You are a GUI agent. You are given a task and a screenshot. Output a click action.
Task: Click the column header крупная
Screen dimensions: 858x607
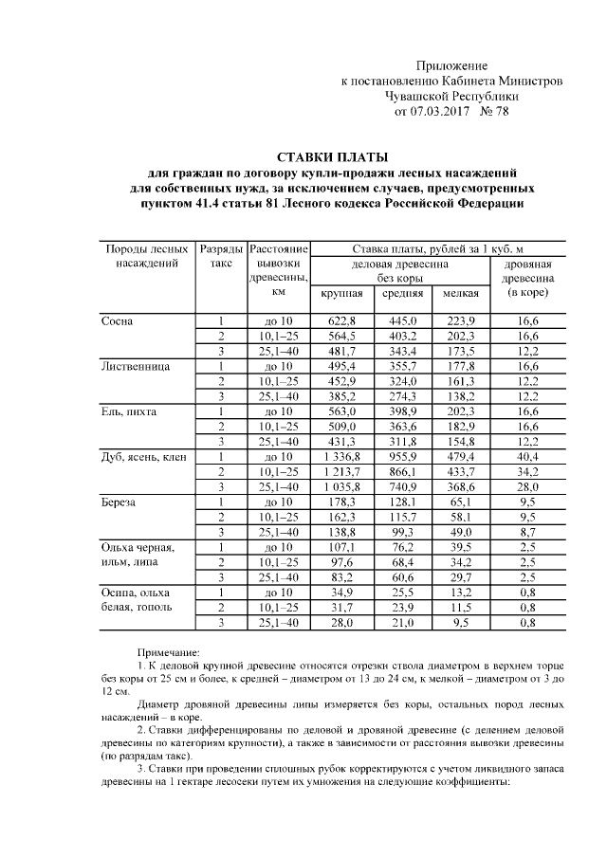point(341,294)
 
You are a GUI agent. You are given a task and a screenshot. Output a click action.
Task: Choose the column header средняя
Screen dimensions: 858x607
point(402,294)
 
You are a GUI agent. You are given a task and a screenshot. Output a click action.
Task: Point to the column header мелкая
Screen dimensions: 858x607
point(460,294)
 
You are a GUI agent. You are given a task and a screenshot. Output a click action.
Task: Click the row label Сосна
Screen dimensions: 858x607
point(118,321)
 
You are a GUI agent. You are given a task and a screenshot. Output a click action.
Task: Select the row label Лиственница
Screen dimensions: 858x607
point(134,365)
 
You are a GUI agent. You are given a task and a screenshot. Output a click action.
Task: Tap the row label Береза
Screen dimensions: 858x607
point(120,501)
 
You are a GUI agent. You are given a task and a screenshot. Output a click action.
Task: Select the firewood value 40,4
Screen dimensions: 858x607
point(527,457)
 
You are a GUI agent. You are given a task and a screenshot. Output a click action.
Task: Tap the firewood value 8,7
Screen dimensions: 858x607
point(527,532)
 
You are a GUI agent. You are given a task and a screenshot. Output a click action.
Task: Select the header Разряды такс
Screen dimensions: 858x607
point(219,255)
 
